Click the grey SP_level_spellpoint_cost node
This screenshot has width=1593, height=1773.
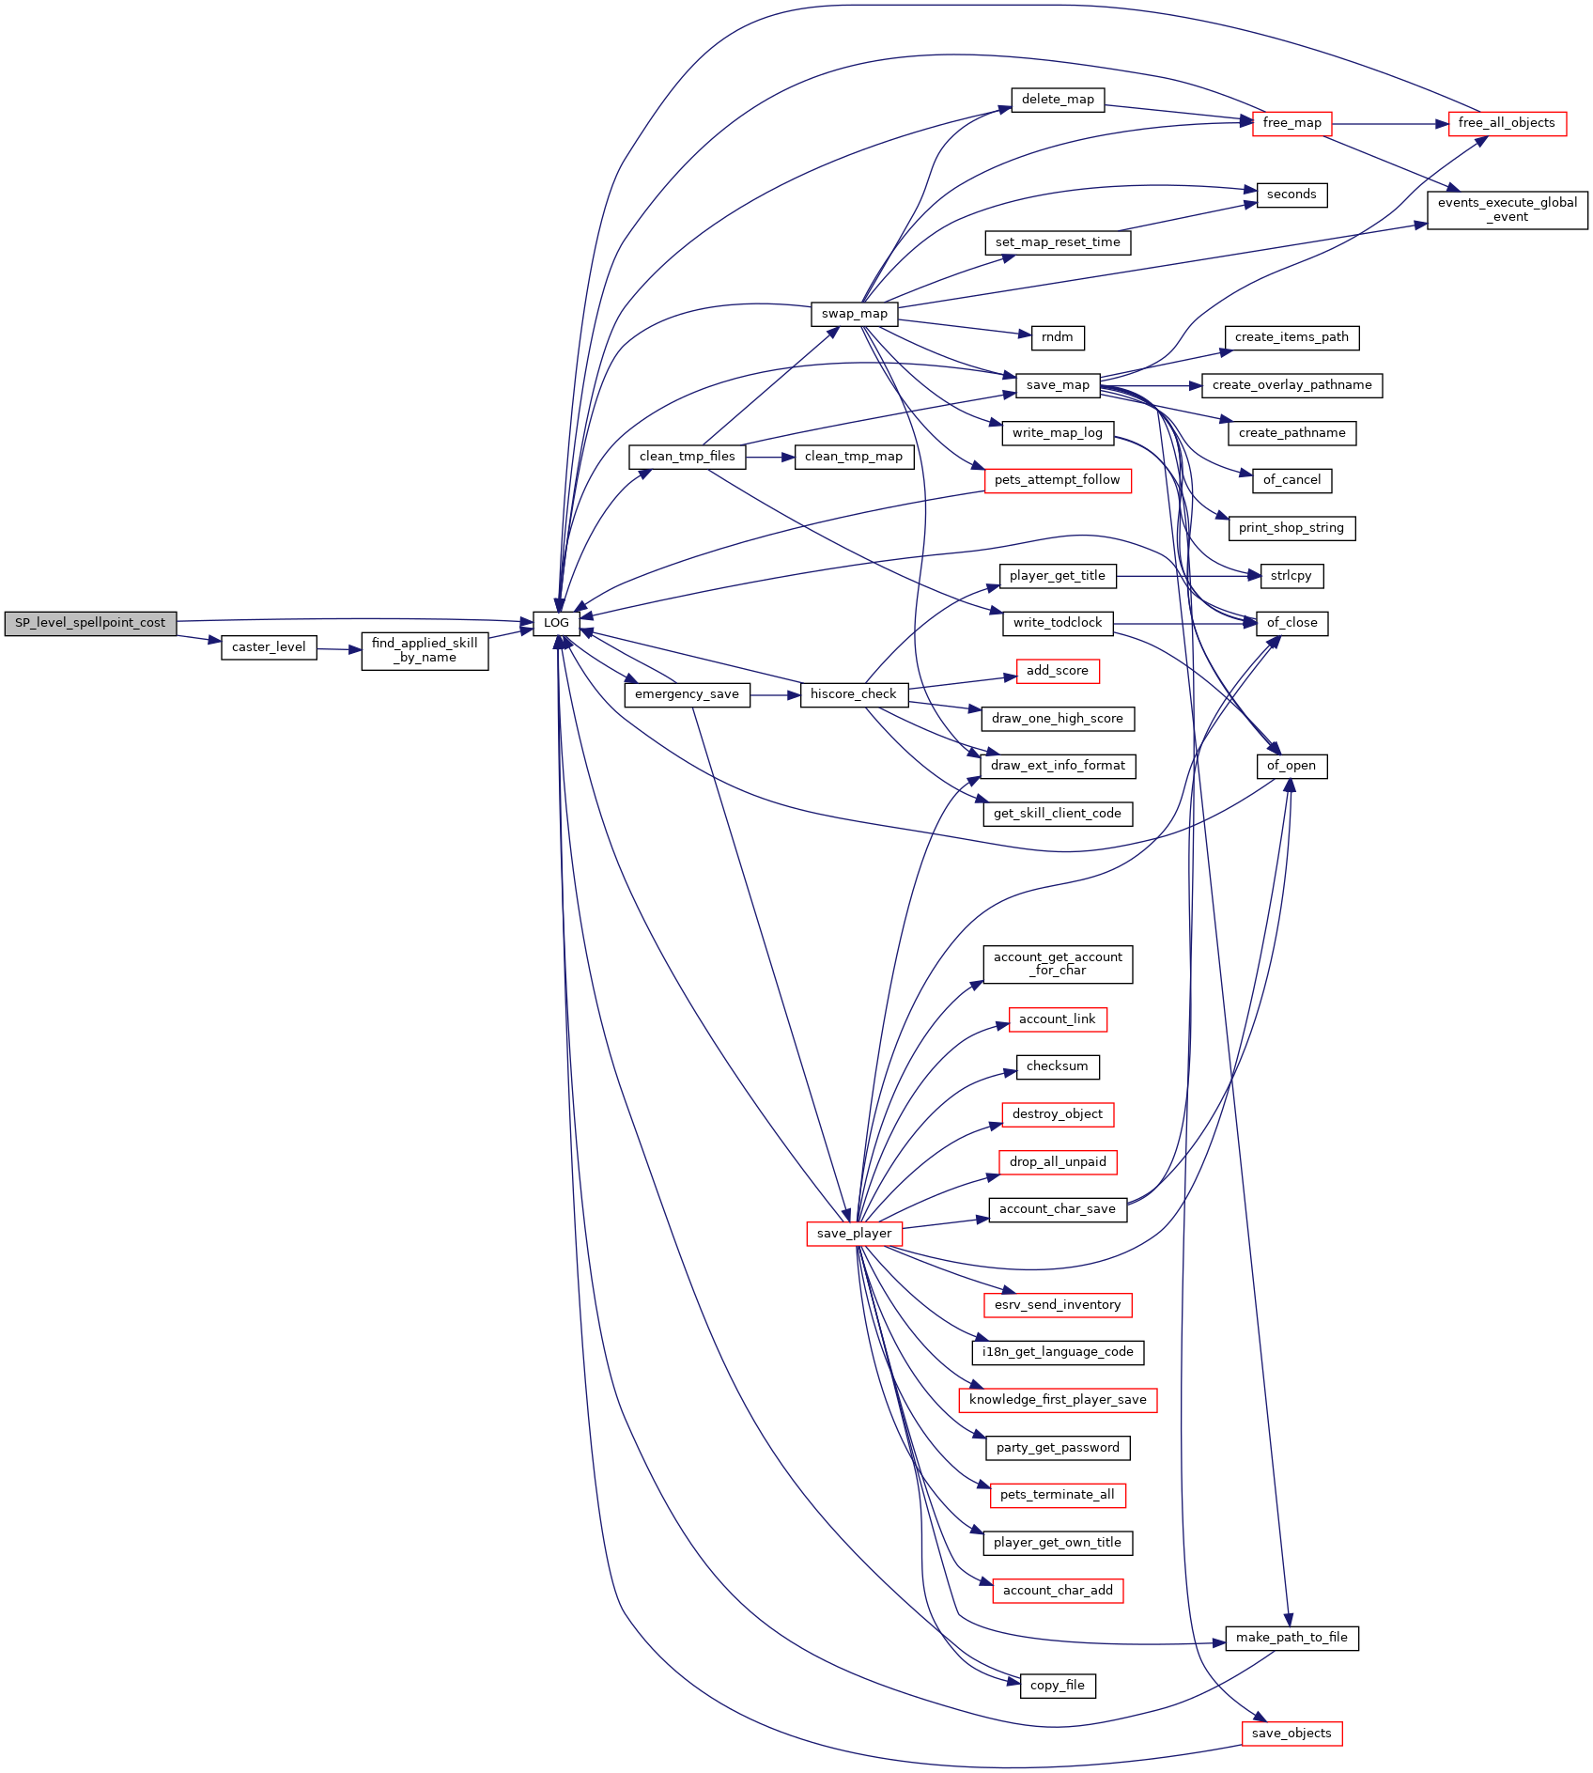click(90, 623)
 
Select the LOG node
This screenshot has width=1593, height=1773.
click(556, 623)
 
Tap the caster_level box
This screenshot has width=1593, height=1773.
click(269, 647)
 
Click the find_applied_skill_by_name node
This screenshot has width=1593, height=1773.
click(425, 650)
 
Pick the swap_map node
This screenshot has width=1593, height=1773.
click(854, 314)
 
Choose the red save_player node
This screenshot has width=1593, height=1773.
click(854, 1234)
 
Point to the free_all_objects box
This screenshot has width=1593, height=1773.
click(1507, 123)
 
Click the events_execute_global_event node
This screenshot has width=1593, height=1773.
click(1508, 210)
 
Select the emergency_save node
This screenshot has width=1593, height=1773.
click(687, 694)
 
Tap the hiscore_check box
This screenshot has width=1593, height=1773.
click(854, 694)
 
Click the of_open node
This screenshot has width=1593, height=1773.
click(1291, 766)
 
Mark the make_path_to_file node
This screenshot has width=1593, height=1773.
click(1291, 1638)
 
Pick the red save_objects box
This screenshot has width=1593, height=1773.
click(1291, 1734)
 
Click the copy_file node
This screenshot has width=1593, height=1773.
click(1058, 1686)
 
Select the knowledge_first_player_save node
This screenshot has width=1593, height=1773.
click(1058, 1400)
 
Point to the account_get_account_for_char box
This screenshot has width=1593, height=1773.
click(1058, 964)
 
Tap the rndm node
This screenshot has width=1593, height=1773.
click(1058, 337)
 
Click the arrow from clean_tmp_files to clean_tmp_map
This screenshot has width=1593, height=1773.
click(770, 458)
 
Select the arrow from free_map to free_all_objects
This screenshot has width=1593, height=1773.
click(1390, 123)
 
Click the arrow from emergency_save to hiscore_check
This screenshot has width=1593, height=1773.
click(775, 695)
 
